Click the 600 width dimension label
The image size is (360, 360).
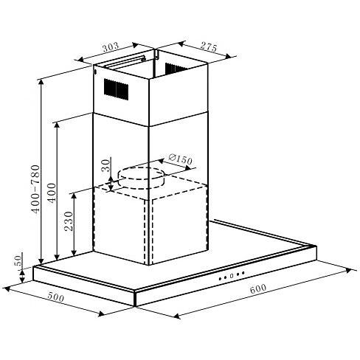click(x=257, y=290)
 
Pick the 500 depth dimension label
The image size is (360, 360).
click(x=54, y=300)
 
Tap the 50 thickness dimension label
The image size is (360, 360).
click(x=18, y=263)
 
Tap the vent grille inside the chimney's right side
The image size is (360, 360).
click(x=176, y=69)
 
